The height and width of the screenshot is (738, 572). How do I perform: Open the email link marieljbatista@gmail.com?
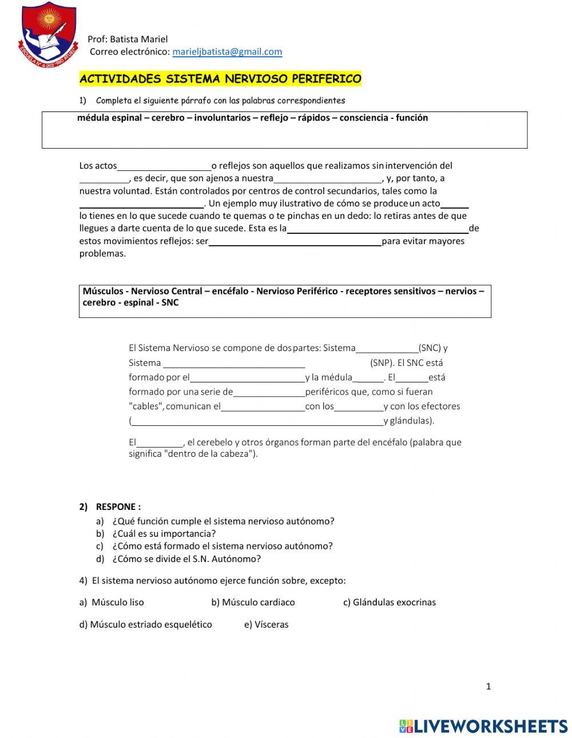click(x=227, y=52)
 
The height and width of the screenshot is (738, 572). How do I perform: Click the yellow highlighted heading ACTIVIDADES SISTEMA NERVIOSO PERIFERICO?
click(x=220, y=79)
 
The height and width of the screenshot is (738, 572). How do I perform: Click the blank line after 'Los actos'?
click(x=164, y=166)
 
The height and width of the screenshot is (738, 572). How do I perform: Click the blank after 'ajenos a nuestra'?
click(x=328, y=179)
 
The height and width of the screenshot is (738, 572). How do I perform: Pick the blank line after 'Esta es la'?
click(x=378, y=229)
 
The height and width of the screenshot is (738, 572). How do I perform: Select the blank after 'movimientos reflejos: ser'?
click(x=295, y=242)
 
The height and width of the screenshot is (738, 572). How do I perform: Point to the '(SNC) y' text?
click(x=433, y=348)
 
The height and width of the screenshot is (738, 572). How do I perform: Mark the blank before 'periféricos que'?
click(x=269, y=393)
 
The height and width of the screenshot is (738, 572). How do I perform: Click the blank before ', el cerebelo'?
click(x=160, y=443)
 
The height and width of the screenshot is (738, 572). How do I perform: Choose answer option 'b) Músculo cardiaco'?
click(x=253, y=603)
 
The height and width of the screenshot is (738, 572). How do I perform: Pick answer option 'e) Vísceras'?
click(x=266, y=625)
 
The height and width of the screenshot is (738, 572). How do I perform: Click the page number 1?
click(x=488, y=687)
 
